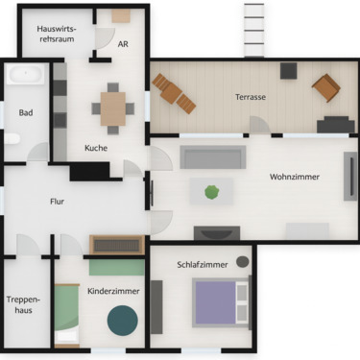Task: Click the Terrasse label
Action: [251, 98]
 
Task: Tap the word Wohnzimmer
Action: [295, 177]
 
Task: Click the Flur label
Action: [58, 202]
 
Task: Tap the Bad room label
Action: [25, 113]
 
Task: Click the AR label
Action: [123, 44]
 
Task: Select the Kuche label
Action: [96, 148]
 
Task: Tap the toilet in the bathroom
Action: [12, 139]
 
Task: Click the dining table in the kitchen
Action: [113, 108]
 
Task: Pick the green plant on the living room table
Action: [211, 192]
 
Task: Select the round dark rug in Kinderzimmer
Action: [122, 320]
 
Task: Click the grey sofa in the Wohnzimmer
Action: [213, 157]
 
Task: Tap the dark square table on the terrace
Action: [288, 70]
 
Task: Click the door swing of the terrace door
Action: [260, 126]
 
